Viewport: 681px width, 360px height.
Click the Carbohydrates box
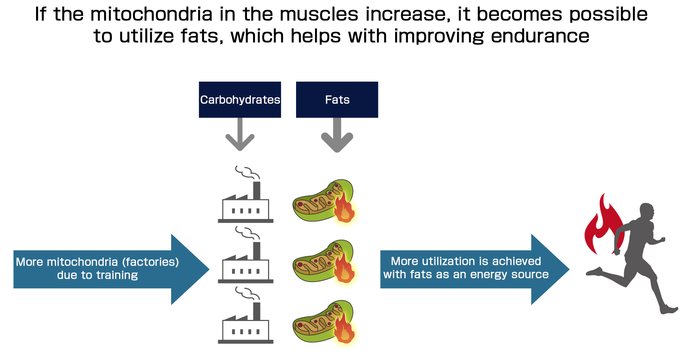(240, 99)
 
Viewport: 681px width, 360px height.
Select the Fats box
(337, 99)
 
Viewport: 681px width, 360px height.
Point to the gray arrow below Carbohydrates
(240, 135)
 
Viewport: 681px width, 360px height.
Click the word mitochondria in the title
(151, 15)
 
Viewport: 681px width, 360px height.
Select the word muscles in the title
(320, 15)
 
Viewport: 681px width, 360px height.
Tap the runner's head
(647, 211)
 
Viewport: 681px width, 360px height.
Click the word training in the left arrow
(117, 275)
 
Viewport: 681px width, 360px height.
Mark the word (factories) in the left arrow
(150, 262)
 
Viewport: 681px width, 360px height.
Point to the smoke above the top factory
(247, 172)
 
